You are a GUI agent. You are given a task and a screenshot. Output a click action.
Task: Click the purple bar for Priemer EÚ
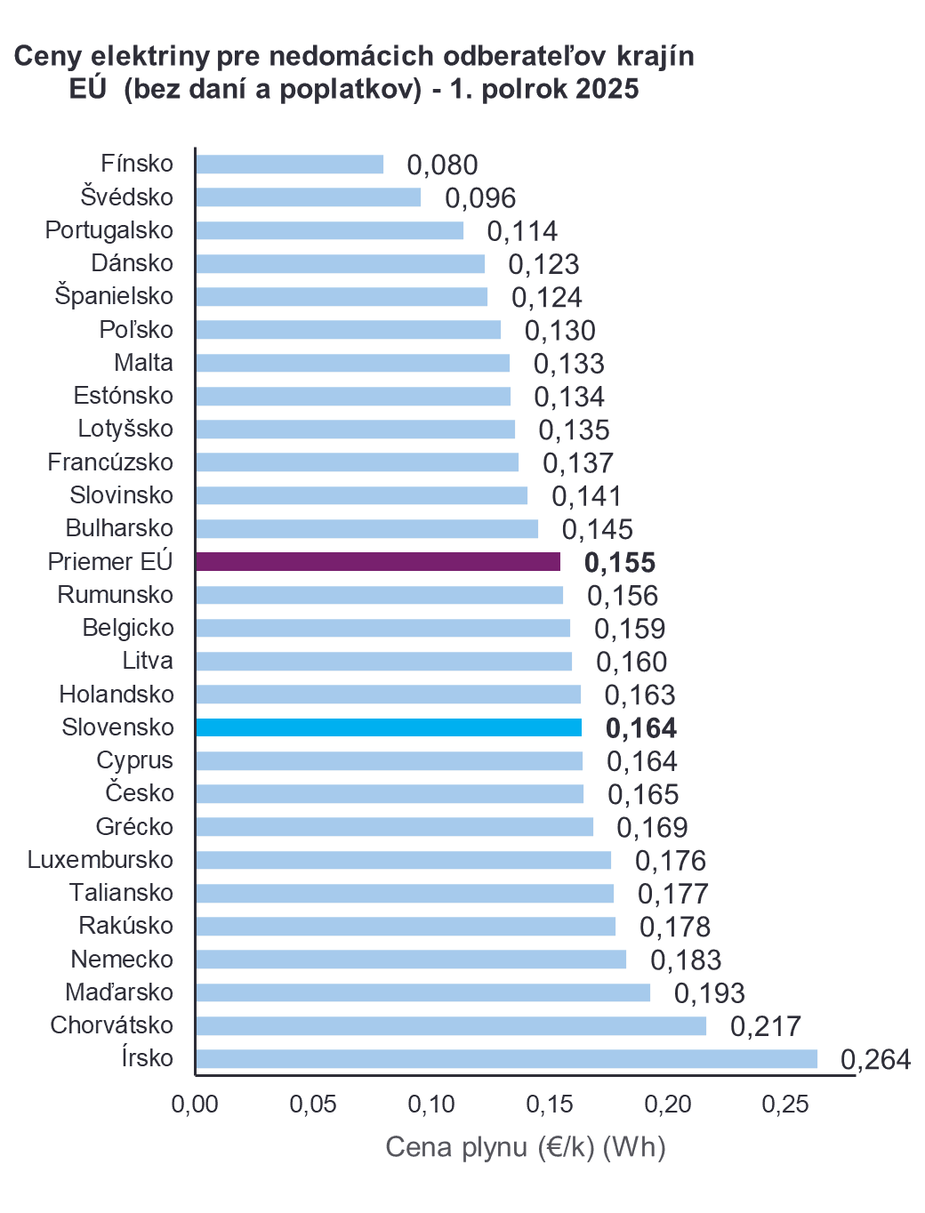point(378,561)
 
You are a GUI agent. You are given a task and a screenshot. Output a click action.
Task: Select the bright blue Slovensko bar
point(389,727)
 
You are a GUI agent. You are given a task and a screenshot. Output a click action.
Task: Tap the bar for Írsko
point(506,1058)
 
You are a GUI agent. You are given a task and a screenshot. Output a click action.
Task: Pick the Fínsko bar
point(290,165)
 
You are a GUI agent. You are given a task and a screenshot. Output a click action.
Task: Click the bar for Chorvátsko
point(451,1025)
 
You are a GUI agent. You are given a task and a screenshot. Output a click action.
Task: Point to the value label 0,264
point(875,1059)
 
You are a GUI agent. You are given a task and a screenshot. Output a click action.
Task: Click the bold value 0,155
point(620,563)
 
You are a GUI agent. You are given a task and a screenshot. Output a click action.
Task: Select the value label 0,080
point(442,165)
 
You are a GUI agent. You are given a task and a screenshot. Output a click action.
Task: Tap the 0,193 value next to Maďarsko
point(709,993)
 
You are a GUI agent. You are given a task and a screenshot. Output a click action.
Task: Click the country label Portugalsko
point(109,230)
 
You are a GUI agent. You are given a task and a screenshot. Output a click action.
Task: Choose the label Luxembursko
point(101,860)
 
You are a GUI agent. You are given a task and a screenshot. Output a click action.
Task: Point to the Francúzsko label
point(110,462)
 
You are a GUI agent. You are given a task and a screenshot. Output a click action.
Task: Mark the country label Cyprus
point(134,760)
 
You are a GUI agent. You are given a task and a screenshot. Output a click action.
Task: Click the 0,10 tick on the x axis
point(431,1105)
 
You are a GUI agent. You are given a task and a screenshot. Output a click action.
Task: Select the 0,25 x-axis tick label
point(785,1105)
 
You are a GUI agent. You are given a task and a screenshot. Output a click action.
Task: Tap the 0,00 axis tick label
point(195,1105)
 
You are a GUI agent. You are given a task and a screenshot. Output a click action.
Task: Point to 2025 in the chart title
point(607,89)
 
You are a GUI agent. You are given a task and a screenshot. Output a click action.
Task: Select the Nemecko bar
point(411,960)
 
